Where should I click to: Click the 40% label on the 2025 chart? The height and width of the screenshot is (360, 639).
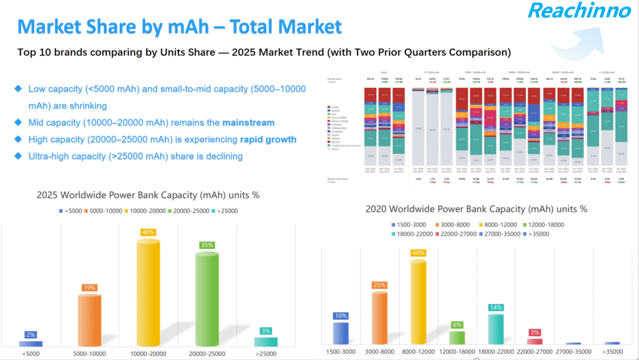[x=149, y=232]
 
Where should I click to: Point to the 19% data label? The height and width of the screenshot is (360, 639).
[x=89, y=288]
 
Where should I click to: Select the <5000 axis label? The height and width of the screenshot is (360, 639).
[x=31, y=354]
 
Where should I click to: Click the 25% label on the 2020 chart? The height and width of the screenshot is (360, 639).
[x=380, y=285]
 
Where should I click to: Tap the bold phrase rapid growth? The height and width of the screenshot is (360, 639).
[x=266, y=139]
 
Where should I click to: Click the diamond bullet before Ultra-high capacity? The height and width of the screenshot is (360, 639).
[x=17, y=156]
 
